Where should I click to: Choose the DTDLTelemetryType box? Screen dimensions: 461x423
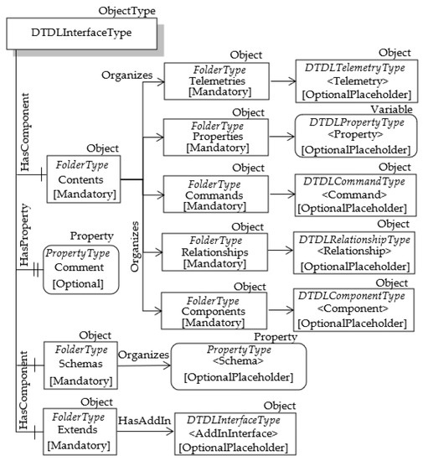tap(356, 82)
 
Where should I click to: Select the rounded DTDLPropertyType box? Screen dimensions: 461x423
tap(356, 136)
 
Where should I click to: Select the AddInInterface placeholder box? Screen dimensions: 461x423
tap(237, 433)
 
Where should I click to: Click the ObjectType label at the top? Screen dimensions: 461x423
tap(126, 10)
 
